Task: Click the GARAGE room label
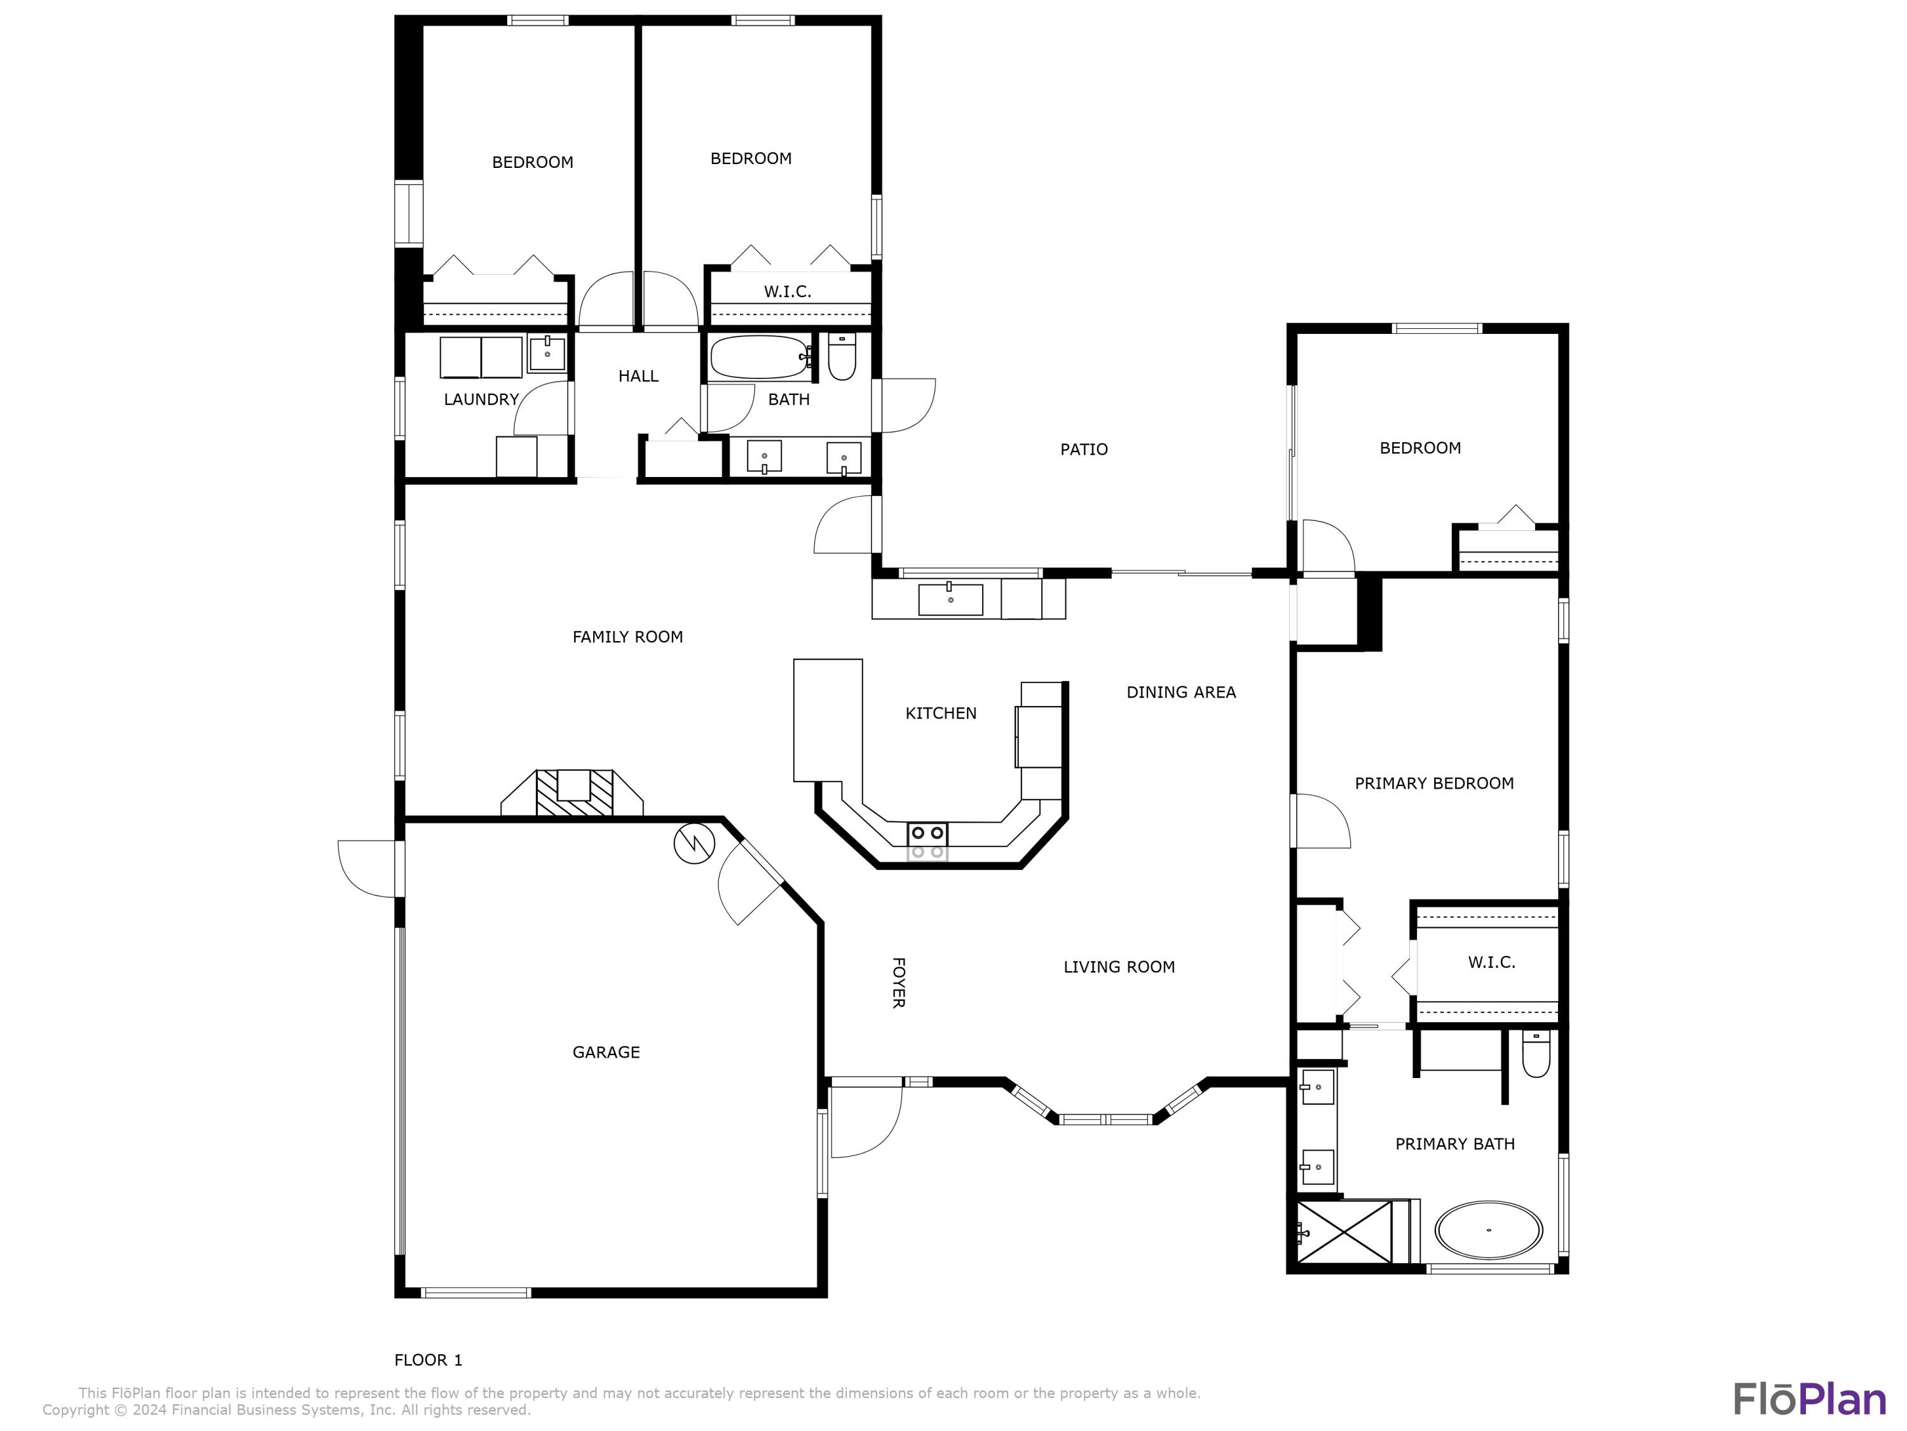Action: (x=606, y=1053)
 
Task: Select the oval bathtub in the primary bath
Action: (x=1489, y=1230)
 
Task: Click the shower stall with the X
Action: (x=1345, y=1232)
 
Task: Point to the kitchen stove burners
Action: (x=927, y=833)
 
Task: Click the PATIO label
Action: (x=1084, y=450)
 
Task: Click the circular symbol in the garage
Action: (x=694, y=845)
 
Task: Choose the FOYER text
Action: (x=898, y=983)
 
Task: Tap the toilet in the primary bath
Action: (x=1535, y=1055)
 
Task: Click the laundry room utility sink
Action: (x=547, y=354)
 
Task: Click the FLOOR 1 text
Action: (x=428, y=1360)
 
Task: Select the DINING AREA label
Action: (x=1181, y=692)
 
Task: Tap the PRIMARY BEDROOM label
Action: (x=1433, y=783)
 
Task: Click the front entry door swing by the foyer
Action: (x=865, y=1121)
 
